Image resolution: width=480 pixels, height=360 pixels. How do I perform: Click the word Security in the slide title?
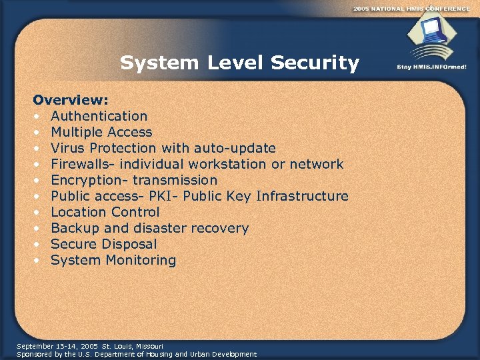point(315,63)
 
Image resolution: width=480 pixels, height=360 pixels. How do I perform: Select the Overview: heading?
point(71,100)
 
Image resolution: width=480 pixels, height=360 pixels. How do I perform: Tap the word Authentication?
point(99,116)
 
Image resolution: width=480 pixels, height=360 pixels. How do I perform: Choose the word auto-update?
point(235,148)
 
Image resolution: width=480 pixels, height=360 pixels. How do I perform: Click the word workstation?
point(229,164)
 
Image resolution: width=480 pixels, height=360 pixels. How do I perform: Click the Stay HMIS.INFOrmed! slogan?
point(432,67)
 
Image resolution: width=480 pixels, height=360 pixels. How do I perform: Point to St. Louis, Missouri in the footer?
point(132,346)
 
